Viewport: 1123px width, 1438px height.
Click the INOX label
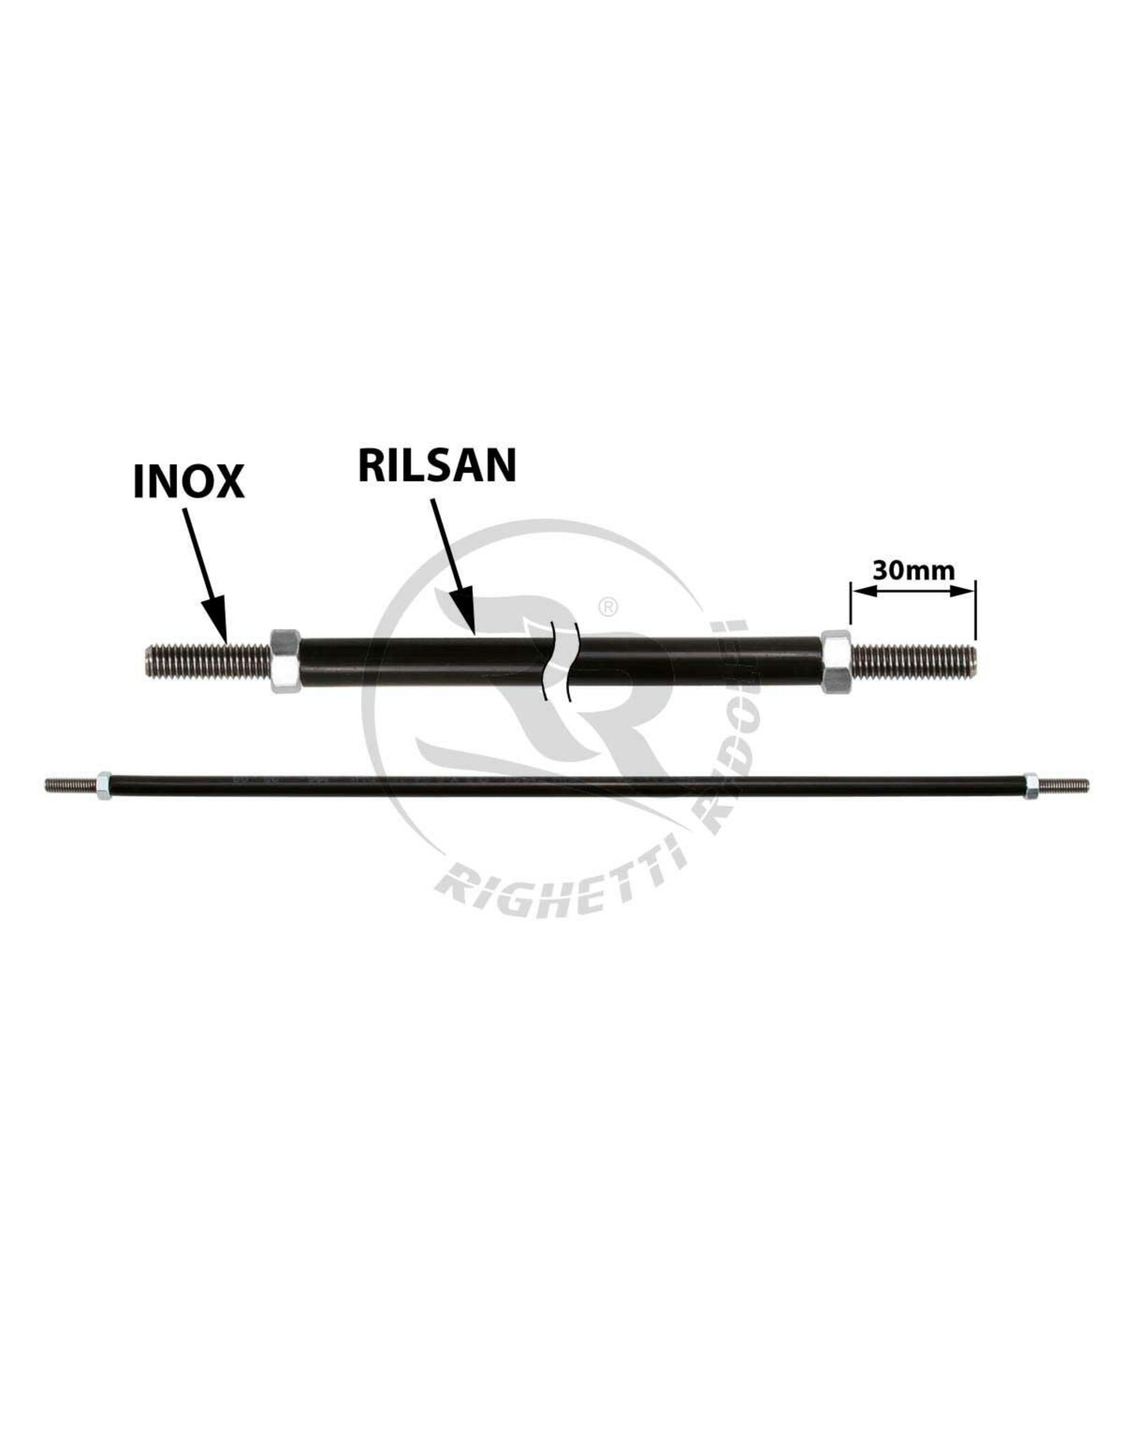(188, 481)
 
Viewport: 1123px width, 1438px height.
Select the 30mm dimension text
(913, 570)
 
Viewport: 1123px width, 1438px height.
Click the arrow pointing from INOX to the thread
(205, 573)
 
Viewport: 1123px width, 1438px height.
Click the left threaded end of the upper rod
(206, 661)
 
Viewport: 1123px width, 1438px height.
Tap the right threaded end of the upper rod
(912, 661)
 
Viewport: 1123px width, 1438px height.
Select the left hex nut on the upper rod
(285, 660)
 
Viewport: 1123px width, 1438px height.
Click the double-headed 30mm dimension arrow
(912, 592)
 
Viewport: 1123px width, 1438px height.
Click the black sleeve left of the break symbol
(421, 661)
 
